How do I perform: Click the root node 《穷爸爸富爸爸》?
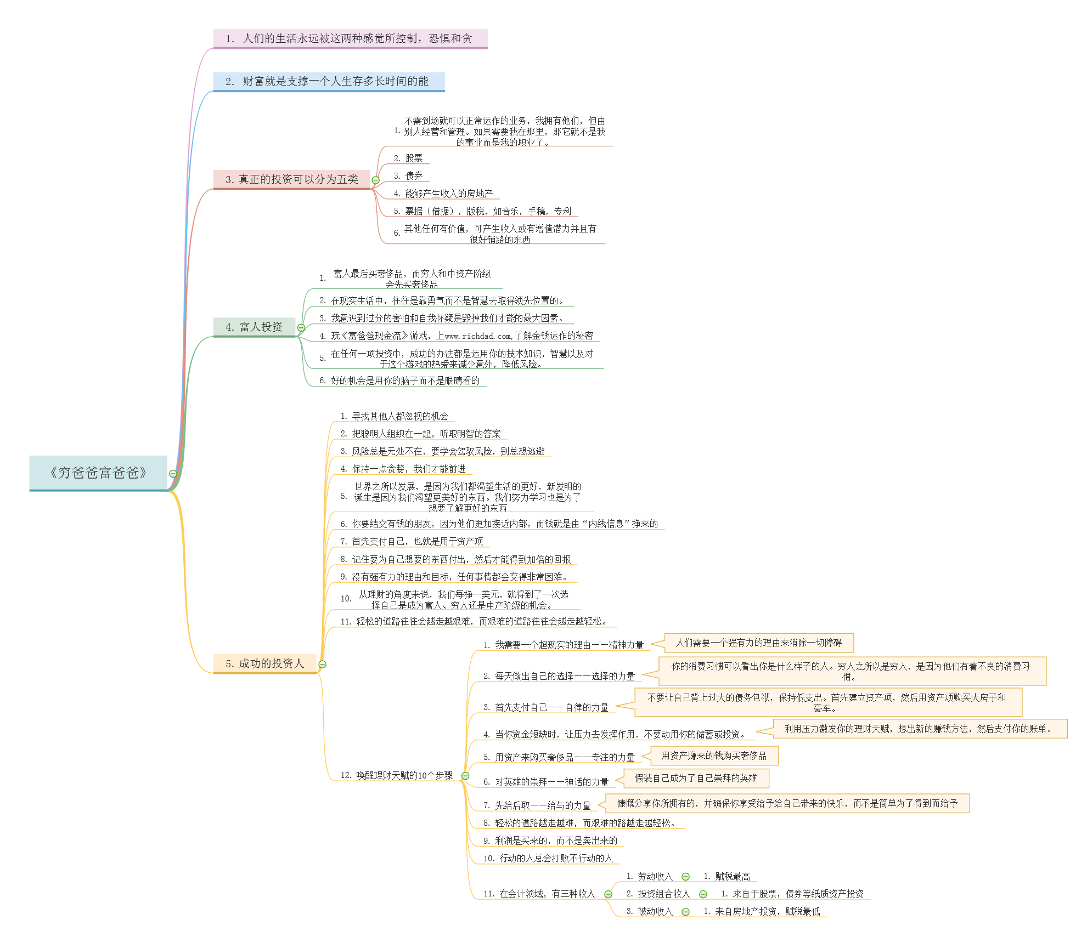(98, 473)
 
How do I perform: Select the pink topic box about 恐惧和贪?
(350, 38)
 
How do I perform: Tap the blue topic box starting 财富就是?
(328, 81)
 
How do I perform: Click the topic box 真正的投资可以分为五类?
(291, 179)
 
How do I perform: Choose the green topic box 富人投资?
(254, 327)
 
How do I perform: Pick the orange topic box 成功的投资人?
(265, 663)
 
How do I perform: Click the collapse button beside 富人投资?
(301, 328)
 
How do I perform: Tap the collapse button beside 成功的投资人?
(323, 665)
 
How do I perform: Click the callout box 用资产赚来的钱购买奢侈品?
(714, 756)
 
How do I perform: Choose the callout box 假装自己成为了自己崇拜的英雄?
(696, 778)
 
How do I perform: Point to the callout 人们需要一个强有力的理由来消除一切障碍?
(758, 643)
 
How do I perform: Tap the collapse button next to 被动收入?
(685, 912)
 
